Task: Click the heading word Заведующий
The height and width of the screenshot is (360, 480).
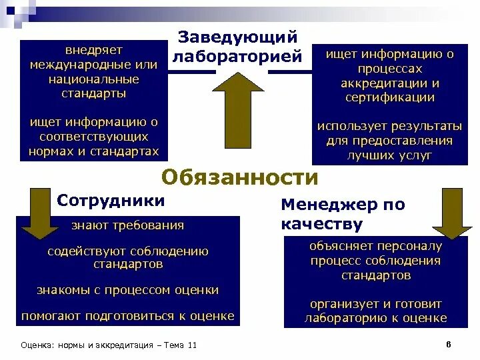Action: click(237, 38)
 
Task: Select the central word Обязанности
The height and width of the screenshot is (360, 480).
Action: click(240, 177)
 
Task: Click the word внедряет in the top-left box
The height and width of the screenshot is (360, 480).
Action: click(93, 51)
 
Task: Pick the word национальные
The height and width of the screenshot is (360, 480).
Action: click(93, 79)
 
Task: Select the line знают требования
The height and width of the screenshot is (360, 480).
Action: click(128, 225)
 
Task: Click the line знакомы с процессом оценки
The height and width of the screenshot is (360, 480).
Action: click(128, 290)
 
